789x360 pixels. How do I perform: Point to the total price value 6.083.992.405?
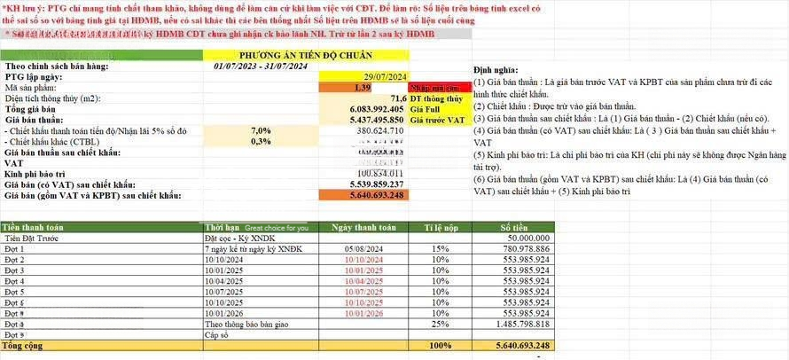(x=364, y=109)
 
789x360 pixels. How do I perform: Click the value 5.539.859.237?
(x=366, y=184)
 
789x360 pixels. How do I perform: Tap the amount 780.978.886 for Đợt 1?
(x=525, y=249)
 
